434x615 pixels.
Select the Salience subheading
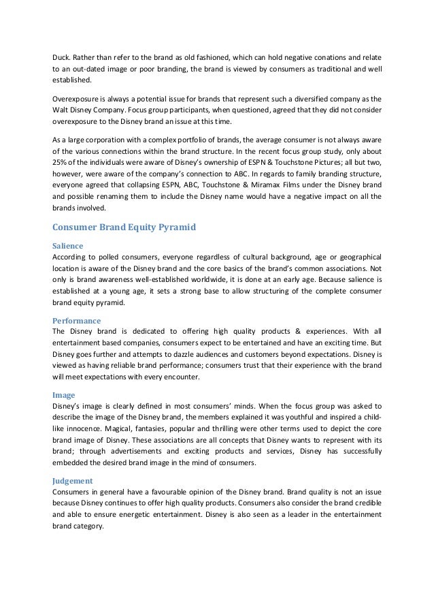(x=68, y=245)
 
